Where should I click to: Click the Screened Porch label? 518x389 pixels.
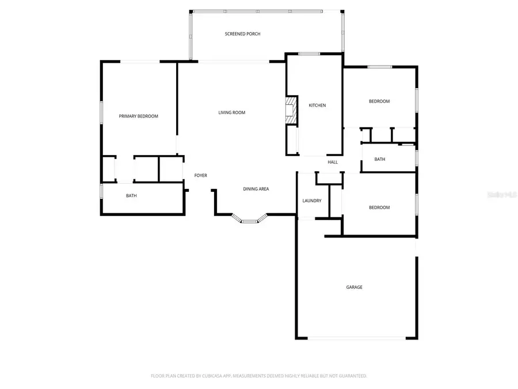[242, 34]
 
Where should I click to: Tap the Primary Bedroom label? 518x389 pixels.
[138, 116]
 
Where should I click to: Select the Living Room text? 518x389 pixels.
[231, 112]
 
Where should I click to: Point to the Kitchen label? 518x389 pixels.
[317, 105]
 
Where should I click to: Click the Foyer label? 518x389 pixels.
[200, 175]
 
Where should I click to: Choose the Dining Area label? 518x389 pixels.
[256, 189]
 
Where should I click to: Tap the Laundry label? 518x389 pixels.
[312, 201]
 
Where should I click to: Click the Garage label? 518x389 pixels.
[354, 287]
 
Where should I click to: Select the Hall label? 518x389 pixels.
[333, 163]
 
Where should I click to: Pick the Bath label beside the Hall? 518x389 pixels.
[379, 159]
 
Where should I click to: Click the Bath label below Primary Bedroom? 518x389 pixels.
[131, 196]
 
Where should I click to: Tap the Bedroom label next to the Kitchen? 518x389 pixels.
[379, 101]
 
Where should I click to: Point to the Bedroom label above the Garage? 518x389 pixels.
[379, 207]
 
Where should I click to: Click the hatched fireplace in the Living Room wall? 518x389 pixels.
[291, 109]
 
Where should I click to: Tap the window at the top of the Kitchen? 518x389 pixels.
[309, 54]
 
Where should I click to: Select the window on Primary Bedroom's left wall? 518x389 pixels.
[102, 112]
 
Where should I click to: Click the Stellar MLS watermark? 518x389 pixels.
[502, 195]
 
